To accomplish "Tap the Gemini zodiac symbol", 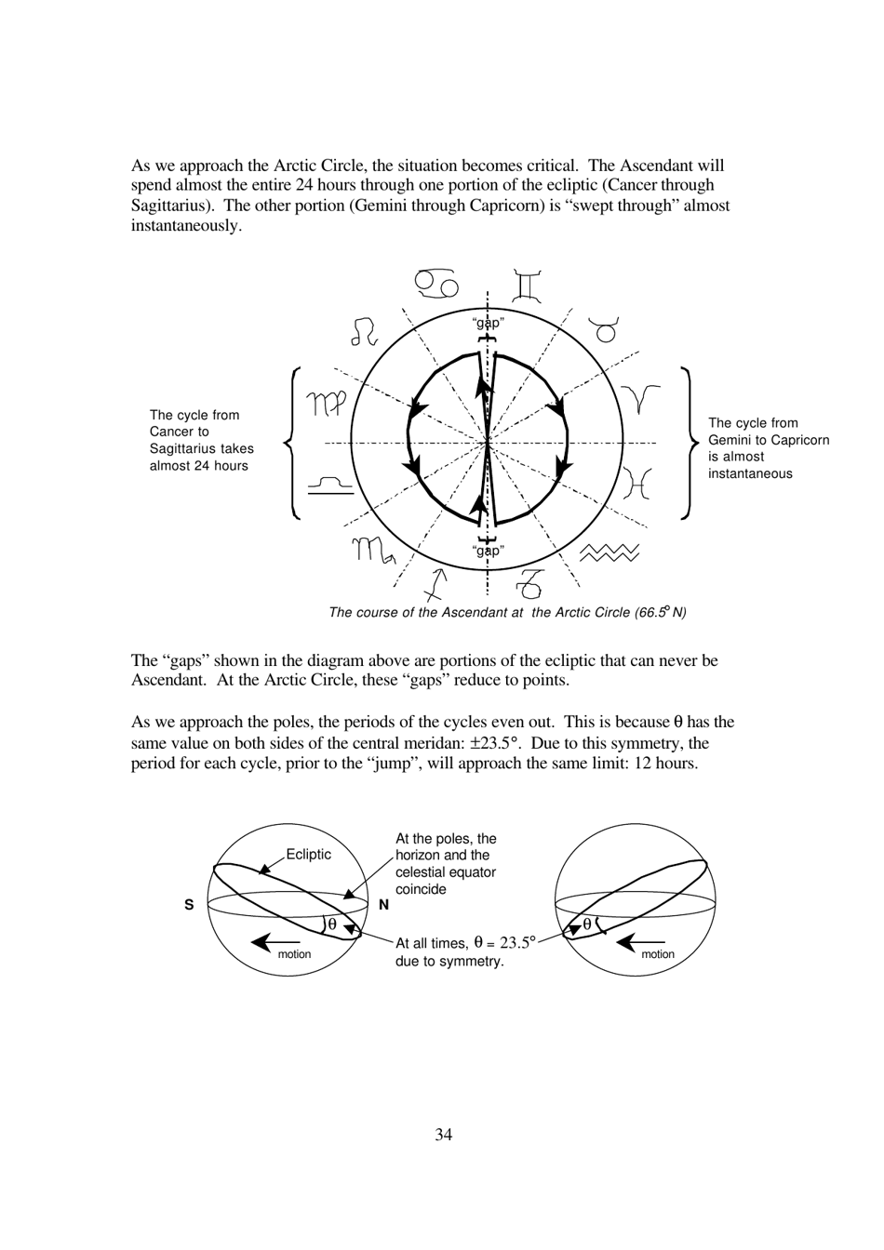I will (527, 286).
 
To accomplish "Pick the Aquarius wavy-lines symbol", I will (609, 553).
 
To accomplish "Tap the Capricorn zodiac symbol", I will (529, 583).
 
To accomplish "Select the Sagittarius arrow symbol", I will (435, 584).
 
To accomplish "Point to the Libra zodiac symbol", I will (330, 484).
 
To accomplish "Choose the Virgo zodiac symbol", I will (327, 404).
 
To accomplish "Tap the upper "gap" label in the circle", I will (489, 324).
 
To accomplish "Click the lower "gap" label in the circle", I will (488, 551).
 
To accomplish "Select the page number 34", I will (443, 1135).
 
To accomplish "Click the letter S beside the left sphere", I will (189, 905).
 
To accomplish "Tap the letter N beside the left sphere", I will (383, 905).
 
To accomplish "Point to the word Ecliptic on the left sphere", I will (308, 855).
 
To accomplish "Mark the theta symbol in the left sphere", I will (332, 924).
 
